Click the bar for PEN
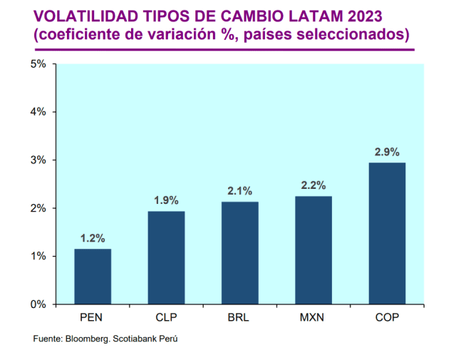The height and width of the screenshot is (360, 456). (93, 277)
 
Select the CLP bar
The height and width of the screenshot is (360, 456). (166, 257)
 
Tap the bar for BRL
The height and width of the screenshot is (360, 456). (239, 253)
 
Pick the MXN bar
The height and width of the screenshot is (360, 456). (313, 250)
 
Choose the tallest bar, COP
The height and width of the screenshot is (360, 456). (387, 234)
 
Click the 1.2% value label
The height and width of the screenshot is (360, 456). (93, 238)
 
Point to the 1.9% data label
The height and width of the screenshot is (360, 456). (166, 201)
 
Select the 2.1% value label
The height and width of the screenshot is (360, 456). (239, 191)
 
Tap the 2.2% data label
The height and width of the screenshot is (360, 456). (313, 185)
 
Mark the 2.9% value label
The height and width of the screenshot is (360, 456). (387, 152)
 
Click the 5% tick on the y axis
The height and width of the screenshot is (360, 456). (38, 64)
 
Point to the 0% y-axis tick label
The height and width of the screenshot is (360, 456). (38, 304)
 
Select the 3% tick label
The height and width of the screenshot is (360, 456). (38, 160)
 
